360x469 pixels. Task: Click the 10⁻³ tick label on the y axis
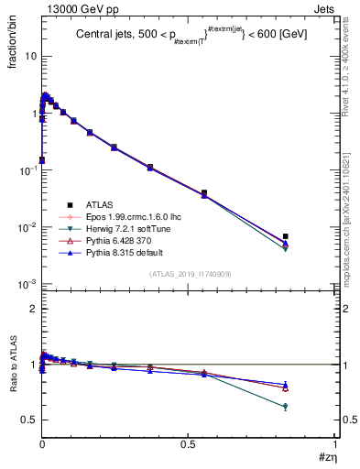(x=28, y=284)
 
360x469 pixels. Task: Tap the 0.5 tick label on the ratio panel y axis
(x=29, y=420)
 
